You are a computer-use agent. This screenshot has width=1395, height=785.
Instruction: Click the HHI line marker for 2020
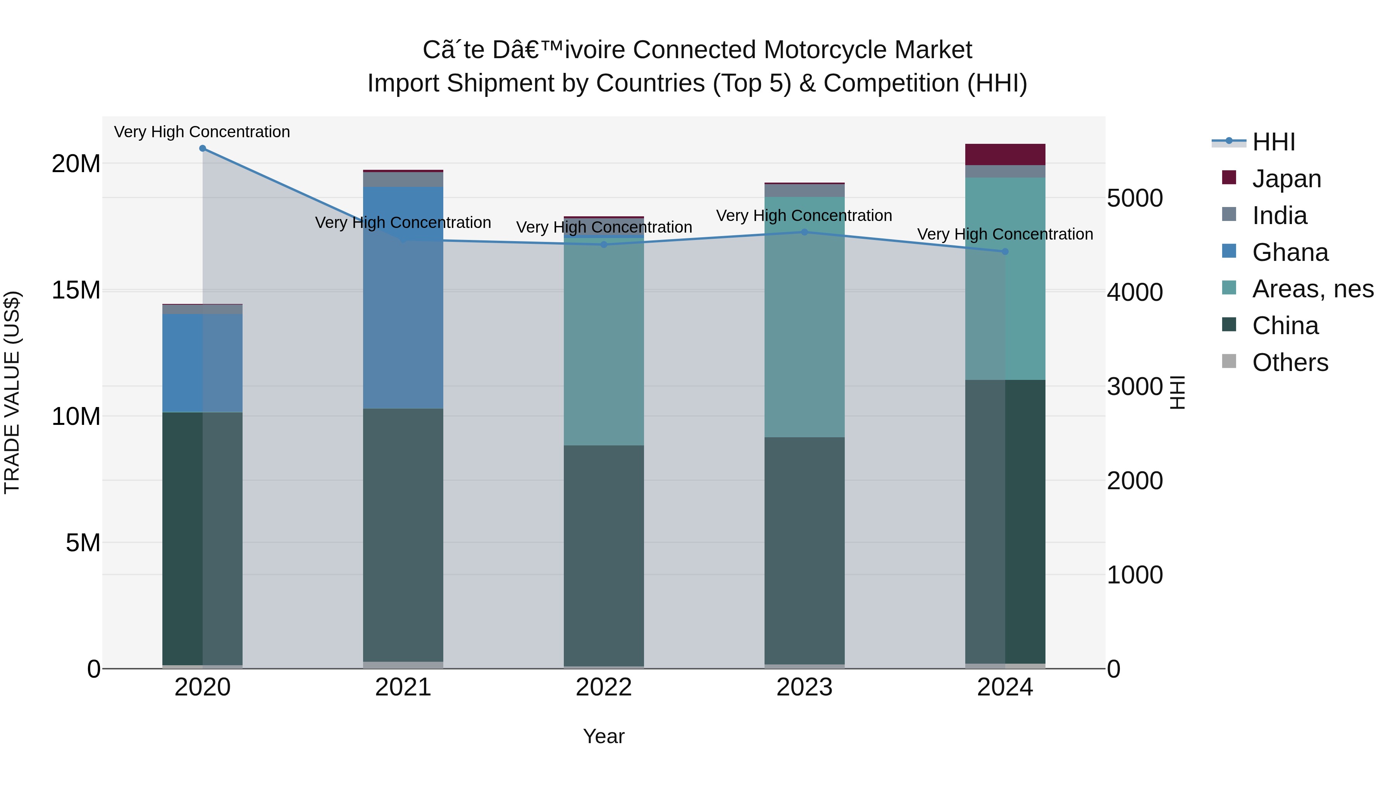point(203,148)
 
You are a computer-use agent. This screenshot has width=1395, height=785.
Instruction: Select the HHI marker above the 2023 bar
point(804,232)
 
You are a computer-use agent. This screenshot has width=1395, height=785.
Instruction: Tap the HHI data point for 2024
point(1005,251)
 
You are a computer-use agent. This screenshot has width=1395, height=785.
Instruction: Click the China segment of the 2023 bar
point(804,550)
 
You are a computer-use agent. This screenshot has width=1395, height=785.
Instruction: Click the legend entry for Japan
point(1286,179)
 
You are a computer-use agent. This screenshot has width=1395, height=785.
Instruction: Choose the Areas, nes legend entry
point(1312,289)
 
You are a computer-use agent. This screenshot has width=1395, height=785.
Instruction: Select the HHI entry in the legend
point(1273,142)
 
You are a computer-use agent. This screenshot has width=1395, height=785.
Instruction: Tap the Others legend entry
point(1289,362)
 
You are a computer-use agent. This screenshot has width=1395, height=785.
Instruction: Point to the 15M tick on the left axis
point(76,290)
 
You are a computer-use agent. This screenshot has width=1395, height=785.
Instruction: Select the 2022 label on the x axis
point(604,687)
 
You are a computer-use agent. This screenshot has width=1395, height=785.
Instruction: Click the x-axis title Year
point(604,736)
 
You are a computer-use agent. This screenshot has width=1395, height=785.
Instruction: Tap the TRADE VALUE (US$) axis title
point(12,392)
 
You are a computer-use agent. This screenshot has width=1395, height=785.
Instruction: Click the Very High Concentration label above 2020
point(202,132)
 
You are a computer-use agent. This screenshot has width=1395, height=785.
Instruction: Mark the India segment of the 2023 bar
point(804,191)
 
